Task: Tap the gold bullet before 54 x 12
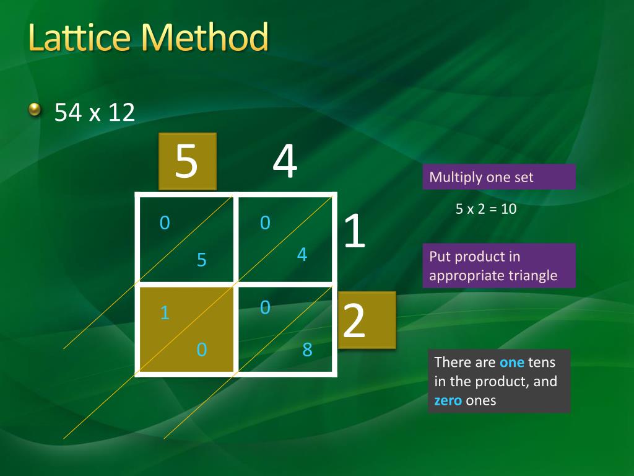35,110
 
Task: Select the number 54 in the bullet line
69,112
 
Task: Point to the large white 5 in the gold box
186,161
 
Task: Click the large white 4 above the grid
285,162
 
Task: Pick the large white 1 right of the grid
354,232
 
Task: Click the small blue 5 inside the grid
201,260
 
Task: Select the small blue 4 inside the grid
302,254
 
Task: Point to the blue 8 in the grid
307,350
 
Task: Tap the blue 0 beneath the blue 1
201,350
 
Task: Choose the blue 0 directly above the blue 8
265,307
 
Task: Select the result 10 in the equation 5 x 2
508,209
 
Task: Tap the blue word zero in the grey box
448,400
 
